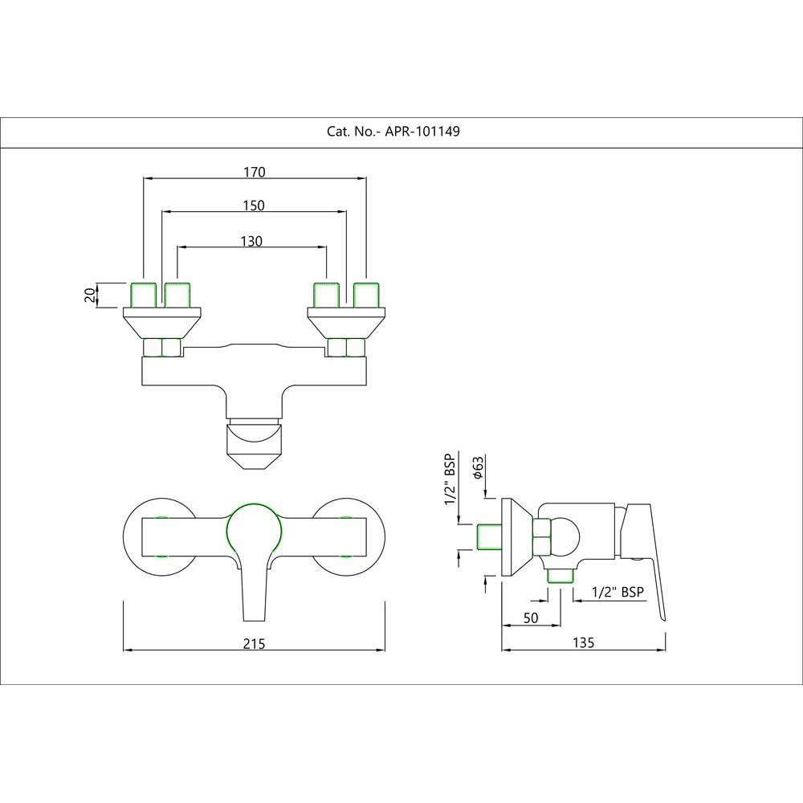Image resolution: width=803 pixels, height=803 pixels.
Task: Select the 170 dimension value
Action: [x=254, y=171]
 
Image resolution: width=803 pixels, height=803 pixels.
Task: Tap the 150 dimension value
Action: [x=254, y=206]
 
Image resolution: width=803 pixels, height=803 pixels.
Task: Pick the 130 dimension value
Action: [x=251, y=241]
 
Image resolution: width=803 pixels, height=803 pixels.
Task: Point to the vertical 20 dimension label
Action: [x=89, y=295]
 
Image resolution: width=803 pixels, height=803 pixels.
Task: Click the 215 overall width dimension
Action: [x=254, y=644]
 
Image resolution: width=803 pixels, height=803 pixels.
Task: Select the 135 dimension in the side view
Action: [x=584, y=642]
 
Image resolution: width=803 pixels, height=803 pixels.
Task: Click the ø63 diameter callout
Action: [x=477, y=467]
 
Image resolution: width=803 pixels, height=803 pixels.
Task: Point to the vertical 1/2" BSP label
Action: [x=450, y=480]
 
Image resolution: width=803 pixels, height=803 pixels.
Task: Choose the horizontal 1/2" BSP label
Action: [x=617, y=592]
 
